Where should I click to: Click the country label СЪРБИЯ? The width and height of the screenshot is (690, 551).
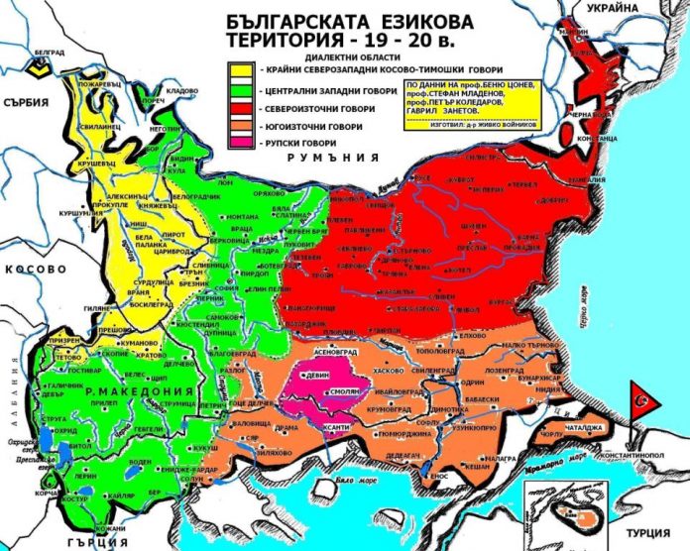[27, 102]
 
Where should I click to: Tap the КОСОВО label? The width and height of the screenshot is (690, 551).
[30, 270]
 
